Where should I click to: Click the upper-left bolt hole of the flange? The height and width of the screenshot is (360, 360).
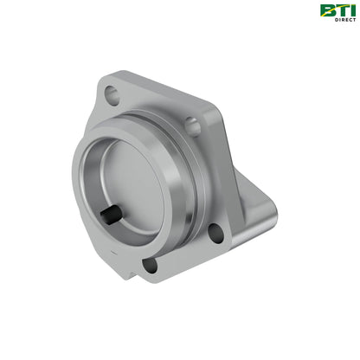pos(111,93)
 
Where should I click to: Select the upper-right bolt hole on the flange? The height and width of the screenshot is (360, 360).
pos(193,127)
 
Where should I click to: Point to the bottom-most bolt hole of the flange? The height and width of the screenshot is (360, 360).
pos(149,264)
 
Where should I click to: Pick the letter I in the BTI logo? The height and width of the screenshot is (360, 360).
pos(350,10)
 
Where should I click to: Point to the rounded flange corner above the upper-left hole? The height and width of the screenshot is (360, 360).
pos(102,80)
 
